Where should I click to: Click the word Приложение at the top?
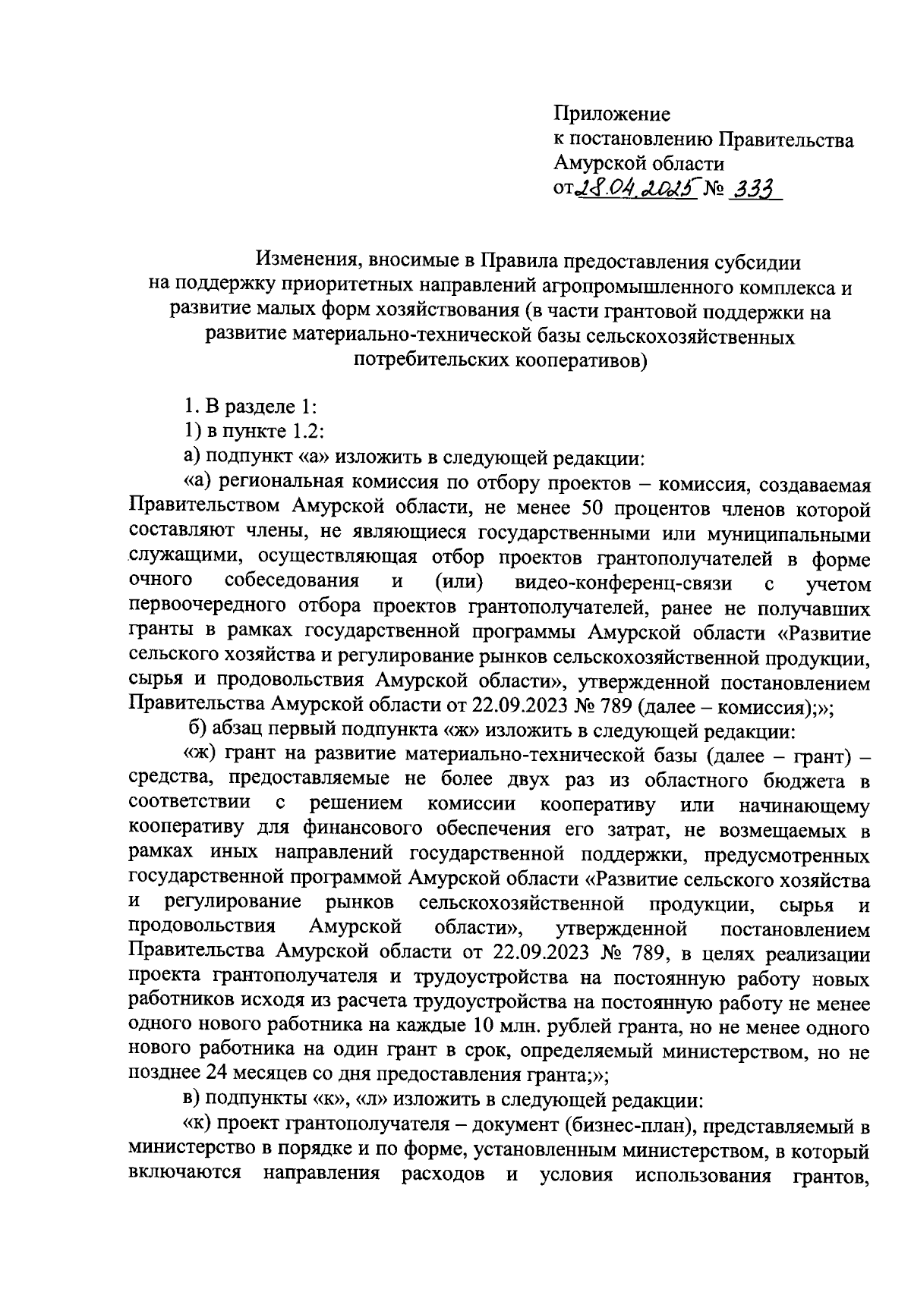[x=612, y=115]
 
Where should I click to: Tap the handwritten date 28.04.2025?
[x=637, y=191]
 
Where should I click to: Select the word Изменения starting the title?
[x=308, y=262]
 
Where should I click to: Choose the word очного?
[x=160, y=581]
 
